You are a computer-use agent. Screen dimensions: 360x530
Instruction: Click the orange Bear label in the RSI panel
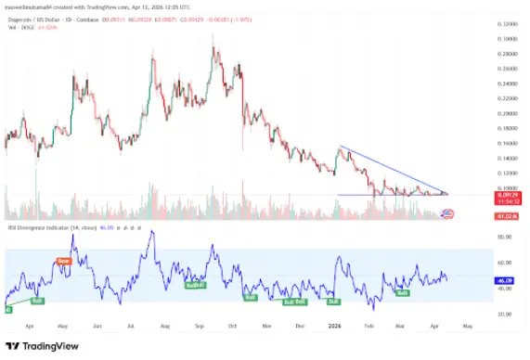pos(64,262)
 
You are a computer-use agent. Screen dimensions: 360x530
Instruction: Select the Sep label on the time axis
pos(199,327)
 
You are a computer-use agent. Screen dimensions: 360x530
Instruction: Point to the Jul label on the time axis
pos(130,327)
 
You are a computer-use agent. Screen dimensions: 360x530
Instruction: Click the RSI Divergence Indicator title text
pos(46,226)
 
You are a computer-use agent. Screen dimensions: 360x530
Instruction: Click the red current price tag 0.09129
pos(509,194)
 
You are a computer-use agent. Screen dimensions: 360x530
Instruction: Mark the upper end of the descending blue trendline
pos(341,147)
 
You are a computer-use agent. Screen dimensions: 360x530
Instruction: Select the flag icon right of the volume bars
pos(447,213)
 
